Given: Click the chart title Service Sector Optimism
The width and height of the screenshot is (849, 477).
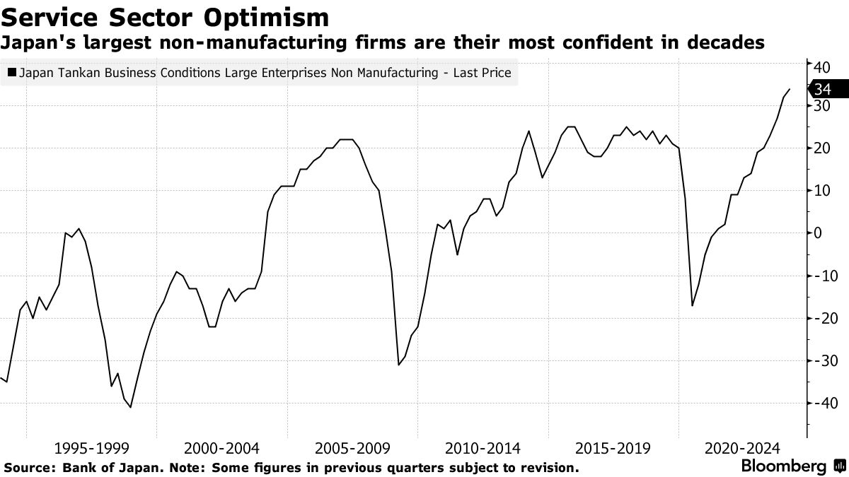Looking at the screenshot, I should [166, 16].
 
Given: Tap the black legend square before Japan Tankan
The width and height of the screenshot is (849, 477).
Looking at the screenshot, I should [12, 72].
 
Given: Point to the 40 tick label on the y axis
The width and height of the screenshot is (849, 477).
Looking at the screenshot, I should [821, 67].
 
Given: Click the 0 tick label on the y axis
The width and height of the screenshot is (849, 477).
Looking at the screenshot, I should [817, 233].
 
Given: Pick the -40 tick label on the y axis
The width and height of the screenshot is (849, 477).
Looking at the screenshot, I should [823, 403].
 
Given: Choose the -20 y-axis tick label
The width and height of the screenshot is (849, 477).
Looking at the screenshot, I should [823, 318].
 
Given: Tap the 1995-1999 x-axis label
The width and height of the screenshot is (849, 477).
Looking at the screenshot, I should [91, 448].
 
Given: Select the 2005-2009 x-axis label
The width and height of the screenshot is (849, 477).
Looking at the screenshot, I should [352, 448].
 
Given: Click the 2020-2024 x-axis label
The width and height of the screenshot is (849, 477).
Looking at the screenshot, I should [741, 448].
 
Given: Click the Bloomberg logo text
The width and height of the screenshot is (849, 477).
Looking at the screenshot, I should [782, 466].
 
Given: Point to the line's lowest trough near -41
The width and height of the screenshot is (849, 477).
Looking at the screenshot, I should [131, 407].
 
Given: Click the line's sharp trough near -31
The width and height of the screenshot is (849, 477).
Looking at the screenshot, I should [398, 365].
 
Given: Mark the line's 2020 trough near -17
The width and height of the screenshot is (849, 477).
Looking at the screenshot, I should [692, 305].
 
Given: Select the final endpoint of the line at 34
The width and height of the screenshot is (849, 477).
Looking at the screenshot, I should [790, 89].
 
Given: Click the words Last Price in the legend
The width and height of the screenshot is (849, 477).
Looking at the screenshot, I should [481, 72].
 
